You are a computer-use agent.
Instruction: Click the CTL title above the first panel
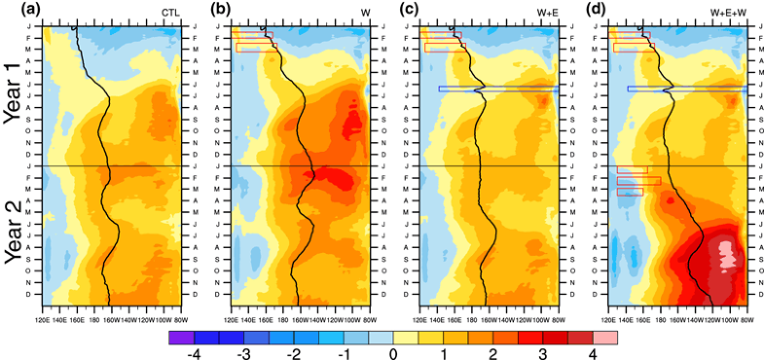(x=171, y=12)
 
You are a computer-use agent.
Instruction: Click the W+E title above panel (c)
(x=546, y=12)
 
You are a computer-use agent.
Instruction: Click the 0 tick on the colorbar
(x=392, y=352)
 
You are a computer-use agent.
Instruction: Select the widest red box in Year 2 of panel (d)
(x=638, y=180)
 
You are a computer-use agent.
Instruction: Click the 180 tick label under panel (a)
(x=95, y=316)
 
